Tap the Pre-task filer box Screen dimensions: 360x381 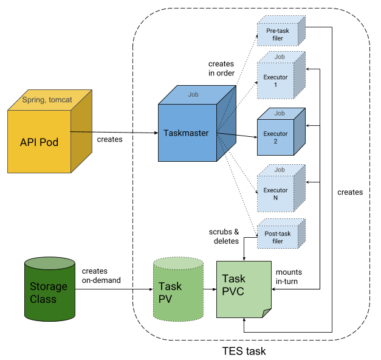(278, 34)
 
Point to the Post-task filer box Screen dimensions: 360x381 (278, 237)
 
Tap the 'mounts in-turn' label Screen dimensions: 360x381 (289, 277)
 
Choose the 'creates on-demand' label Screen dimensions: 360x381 (100, 275)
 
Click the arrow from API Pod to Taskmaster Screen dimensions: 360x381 (115, 131)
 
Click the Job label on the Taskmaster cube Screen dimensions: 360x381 (193, 94)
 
